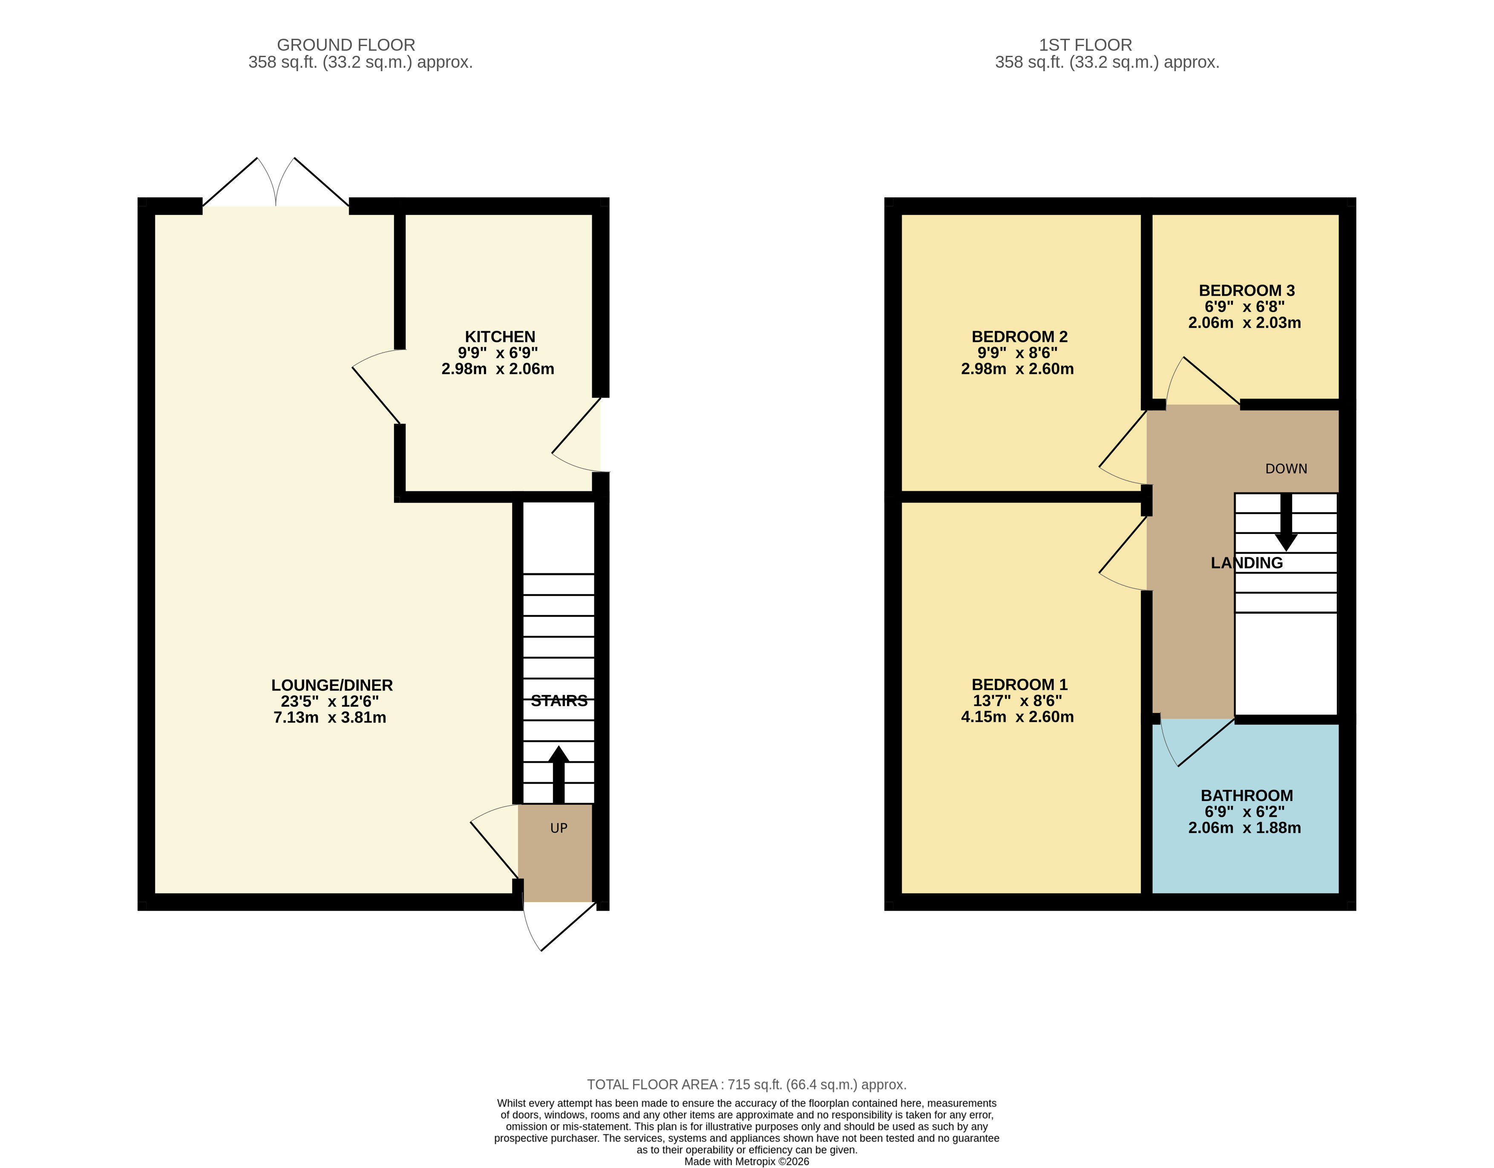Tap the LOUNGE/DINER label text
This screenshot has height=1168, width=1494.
click(332, 685)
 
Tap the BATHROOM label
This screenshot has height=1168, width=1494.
click(1246, 795)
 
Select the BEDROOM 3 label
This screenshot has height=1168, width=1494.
click(1246, 290)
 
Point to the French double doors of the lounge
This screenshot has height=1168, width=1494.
click(276, 185)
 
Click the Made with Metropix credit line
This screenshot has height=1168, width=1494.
click(746, 1161)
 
